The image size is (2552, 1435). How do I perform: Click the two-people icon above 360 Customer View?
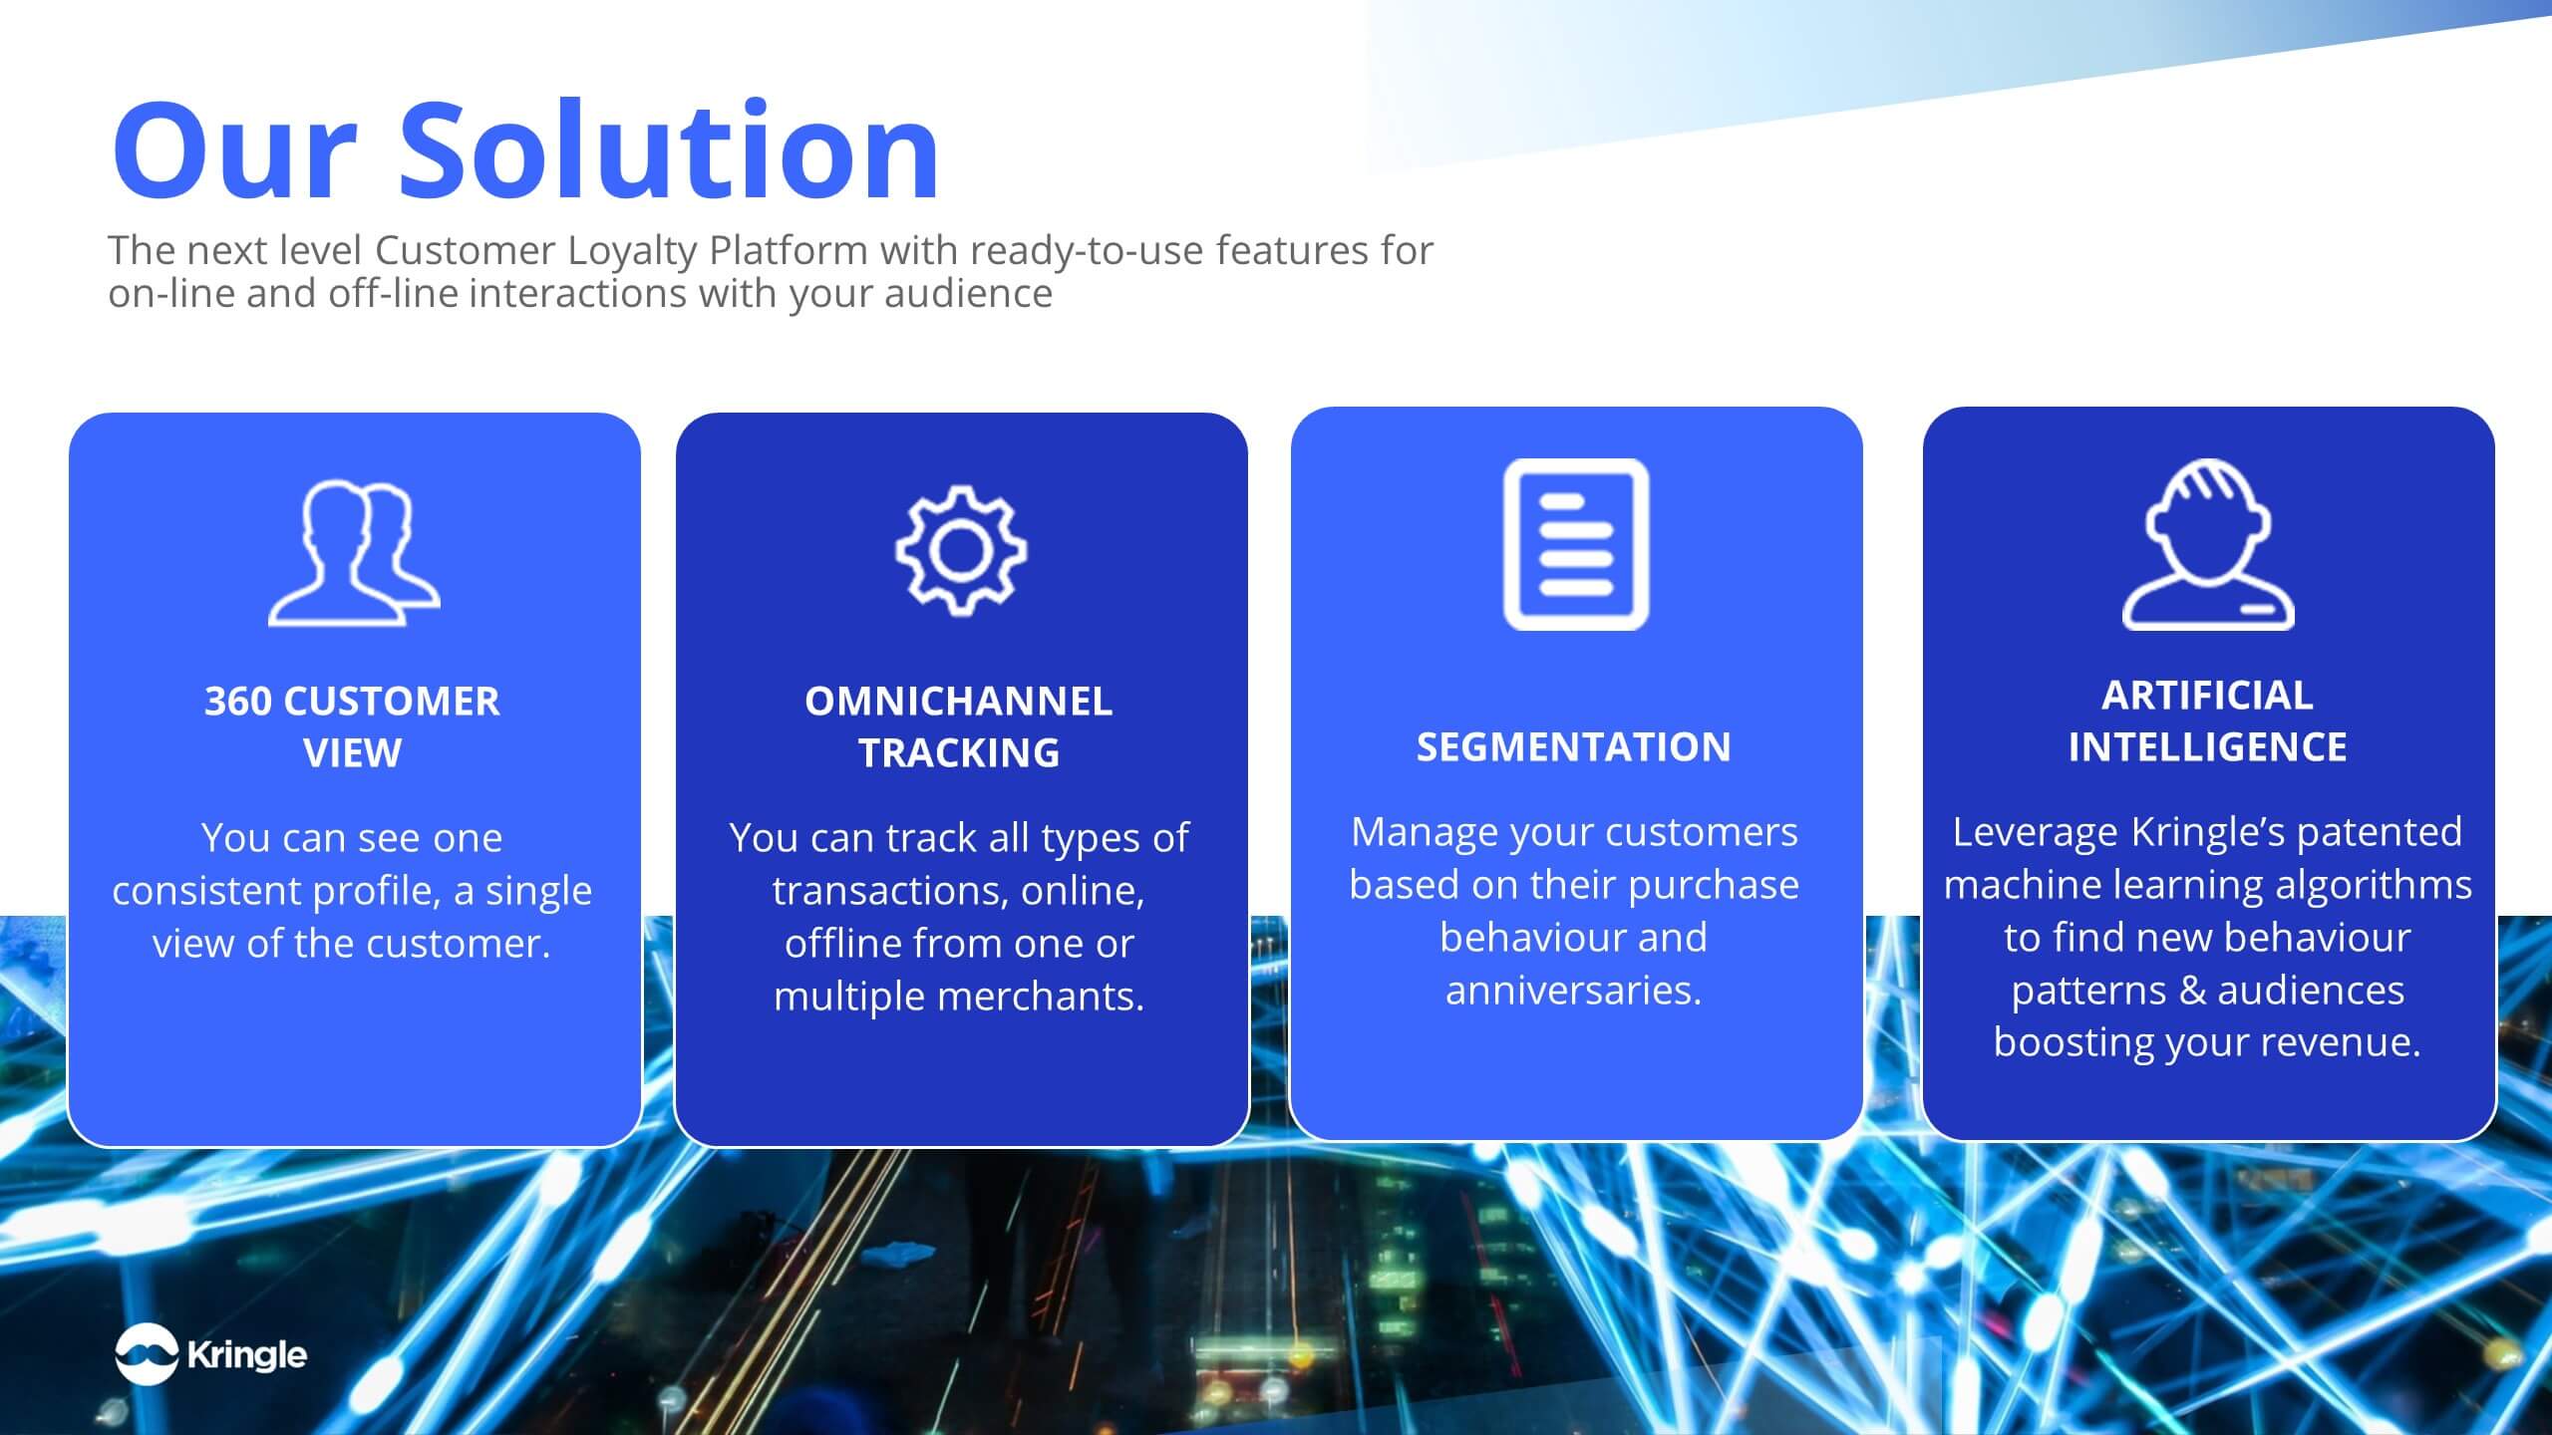point(354,553)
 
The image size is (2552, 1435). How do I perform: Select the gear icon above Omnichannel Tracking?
point(960,549)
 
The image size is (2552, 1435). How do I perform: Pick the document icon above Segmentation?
point(1576,544)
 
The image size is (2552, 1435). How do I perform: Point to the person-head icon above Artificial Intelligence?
point(2208,544)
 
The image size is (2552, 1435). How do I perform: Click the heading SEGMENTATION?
point(1574,747)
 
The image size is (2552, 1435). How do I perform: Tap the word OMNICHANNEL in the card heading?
point(958,702)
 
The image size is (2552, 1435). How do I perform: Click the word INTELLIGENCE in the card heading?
point(2207,747)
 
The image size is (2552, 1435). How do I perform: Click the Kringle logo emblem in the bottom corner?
point(147,1354)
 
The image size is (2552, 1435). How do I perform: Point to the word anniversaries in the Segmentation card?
point(1574,991)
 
